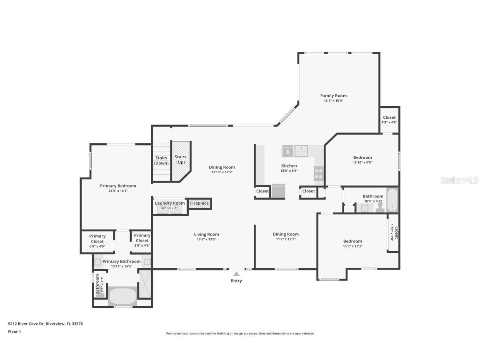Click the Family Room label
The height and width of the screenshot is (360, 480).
point(333,96)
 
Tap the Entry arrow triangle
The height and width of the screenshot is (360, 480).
point(236,274)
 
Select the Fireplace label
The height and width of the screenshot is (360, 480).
point(199,203)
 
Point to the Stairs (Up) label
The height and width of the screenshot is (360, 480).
point(180,160)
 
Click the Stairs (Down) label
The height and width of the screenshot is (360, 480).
point(161,160)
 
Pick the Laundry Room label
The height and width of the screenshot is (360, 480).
point(170,203)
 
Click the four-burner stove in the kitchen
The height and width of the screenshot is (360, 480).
point(319,173)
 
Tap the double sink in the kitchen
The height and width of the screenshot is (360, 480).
point(301,151)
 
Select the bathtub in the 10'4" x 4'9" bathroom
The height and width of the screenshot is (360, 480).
point(392,200)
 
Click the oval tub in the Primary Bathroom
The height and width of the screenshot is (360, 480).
point(122,296)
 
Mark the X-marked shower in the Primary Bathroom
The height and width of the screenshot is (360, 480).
point(145,283)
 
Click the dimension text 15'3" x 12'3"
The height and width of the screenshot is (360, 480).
point(352,246)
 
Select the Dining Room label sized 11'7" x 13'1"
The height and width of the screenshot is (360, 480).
point(285,234)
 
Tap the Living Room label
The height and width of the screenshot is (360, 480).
point(206,234)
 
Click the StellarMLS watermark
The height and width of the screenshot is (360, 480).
point(460,180)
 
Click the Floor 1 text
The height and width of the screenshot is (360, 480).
point(14,332)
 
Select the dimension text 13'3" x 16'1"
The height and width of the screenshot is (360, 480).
point(118,191)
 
